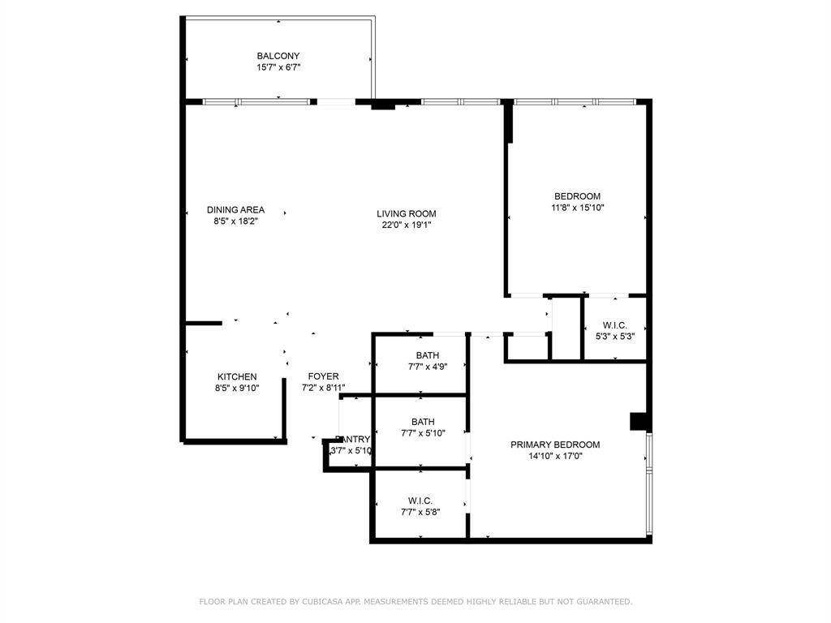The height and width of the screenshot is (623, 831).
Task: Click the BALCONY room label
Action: point(278,56)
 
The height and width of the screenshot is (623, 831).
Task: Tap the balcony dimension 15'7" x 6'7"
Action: point(278,68)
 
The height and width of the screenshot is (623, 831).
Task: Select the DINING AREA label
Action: point(235,210)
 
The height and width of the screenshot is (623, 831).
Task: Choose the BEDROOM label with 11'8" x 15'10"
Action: point(577,196)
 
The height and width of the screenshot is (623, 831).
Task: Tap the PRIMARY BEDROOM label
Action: point(555,445)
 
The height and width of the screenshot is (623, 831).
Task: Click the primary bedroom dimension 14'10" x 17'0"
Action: point(555,456)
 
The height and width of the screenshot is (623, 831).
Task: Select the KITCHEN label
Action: point(237,377)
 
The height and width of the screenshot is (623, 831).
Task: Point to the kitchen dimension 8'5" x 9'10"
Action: point(237,389)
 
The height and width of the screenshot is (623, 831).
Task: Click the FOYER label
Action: point(323,376)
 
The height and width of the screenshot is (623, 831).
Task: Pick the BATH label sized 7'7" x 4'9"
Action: point(427,355)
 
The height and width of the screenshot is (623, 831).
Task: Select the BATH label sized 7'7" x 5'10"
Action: point(423,422)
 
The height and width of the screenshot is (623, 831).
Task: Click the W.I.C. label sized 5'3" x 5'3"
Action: point(615,324)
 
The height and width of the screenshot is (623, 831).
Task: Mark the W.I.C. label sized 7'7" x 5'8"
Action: point(420,501)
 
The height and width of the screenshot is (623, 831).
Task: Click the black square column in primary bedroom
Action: point(639,422)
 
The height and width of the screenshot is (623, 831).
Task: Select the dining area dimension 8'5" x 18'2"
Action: point(235,221)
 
